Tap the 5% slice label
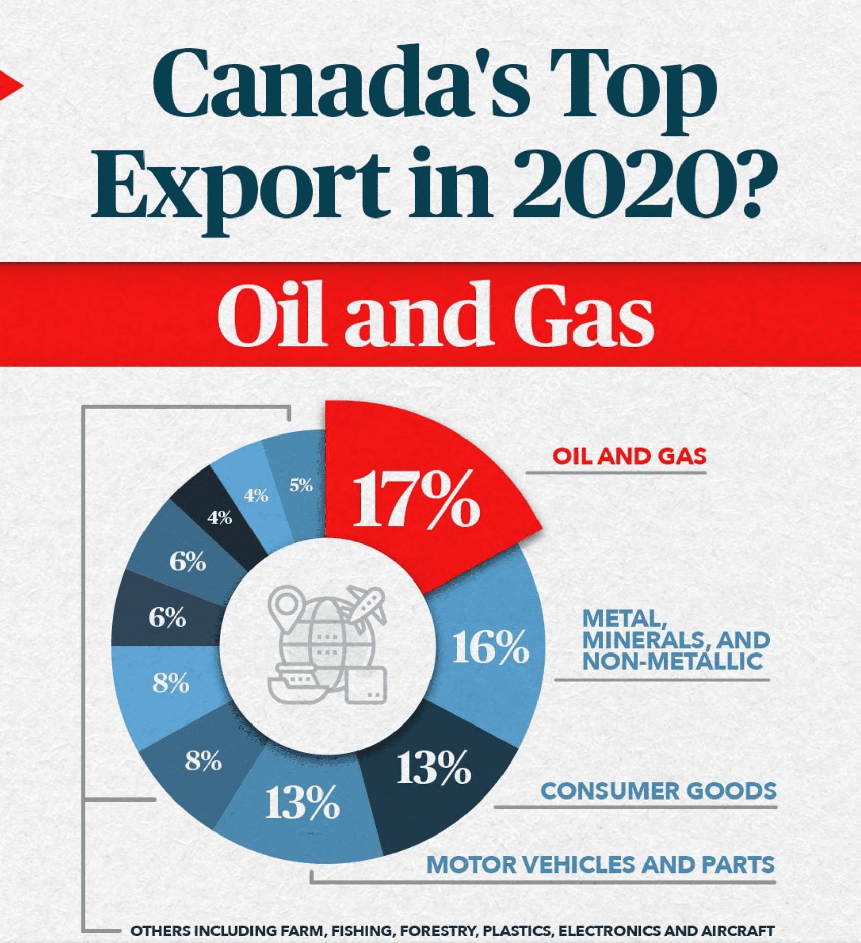tap(301, 485)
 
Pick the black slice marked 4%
tap(220, 518)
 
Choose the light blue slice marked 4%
tap(256, 495)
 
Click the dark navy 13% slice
tap(434, 769)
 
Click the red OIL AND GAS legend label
tap(629, 456)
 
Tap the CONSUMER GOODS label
tap(658, 791)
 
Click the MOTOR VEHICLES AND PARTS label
tap(600, 865)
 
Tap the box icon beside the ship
tap(366, 684)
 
